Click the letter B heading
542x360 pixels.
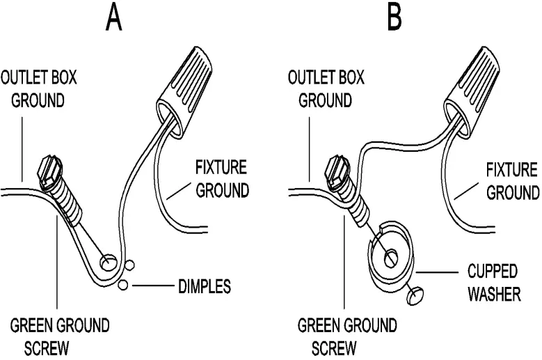[394, 18]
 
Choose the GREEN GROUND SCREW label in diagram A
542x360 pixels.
[59, 336]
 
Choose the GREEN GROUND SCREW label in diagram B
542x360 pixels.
[347, 336]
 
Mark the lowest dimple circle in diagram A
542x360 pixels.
[123, 284]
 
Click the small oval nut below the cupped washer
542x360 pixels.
[415, 295]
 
